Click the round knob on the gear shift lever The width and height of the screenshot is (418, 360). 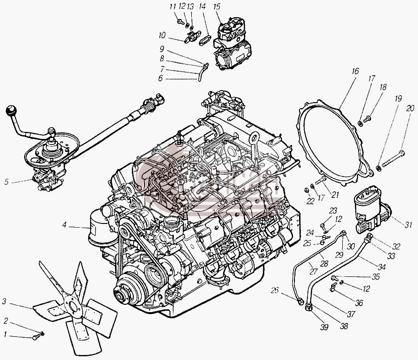pos(11,111)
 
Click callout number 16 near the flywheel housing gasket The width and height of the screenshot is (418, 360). pos(355,71)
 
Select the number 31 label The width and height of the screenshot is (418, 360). pos(408,225)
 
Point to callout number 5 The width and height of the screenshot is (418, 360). pos(7,182)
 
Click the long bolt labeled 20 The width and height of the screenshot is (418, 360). pos(393,159)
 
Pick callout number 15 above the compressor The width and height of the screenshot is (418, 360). pos(217,7)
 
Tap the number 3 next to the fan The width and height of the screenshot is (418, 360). pos(4,301)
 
